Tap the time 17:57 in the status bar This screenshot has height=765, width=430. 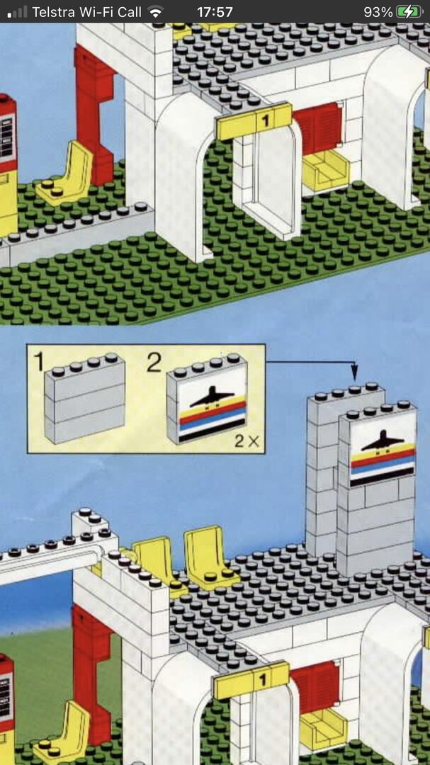[215, 12]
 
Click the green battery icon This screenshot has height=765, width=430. [409, 12]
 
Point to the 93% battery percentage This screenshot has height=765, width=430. [378, 12]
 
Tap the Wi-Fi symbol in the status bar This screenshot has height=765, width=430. [156, 12]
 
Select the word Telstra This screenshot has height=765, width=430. [52, 12]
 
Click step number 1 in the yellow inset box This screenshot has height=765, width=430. [39, 361]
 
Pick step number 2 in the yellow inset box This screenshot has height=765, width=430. [154, 363]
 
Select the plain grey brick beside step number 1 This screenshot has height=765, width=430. [84, 398]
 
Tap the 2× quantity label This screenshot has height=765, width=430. [247, 441]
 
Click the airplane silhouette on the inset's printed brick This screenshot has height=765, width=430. [212, 396]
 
